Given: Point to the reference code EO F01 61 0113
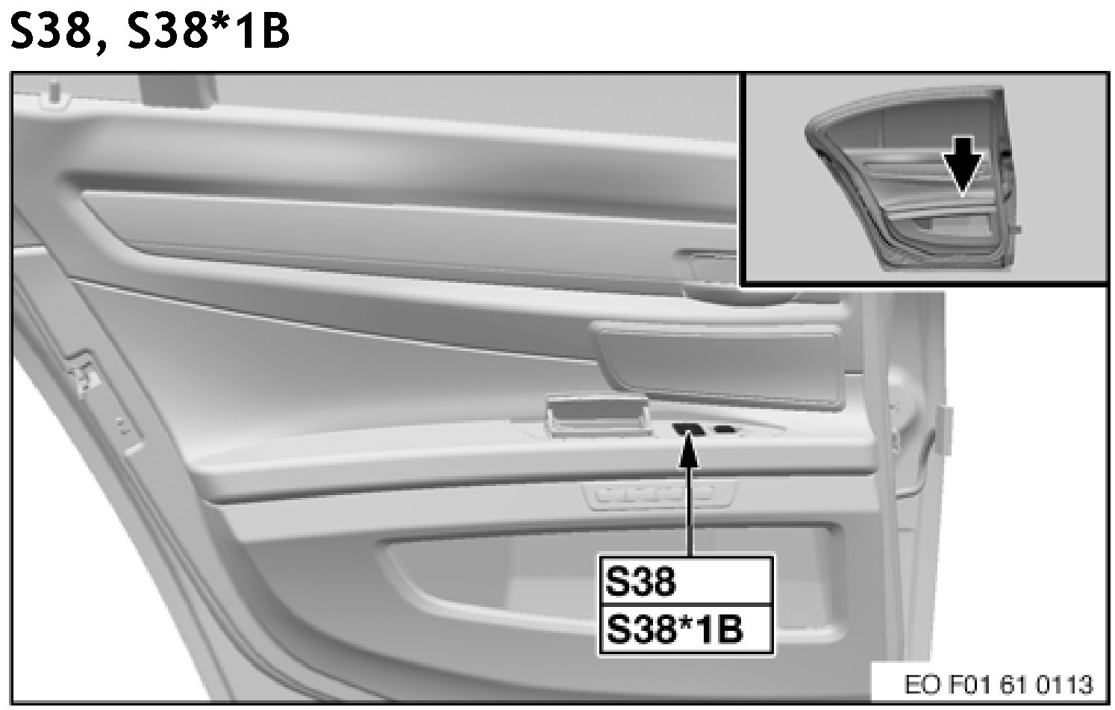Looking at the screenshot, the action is click(998, 685).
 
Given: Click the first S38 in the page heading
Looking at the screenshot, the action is click(51, 30).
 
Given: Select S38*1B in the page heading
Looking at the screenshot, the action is click(208, 30).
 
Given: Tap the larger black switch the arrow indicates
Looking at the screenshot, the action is click(687, 429).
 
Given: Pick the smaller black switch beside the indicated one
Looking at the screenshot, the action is click(725, 429).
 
